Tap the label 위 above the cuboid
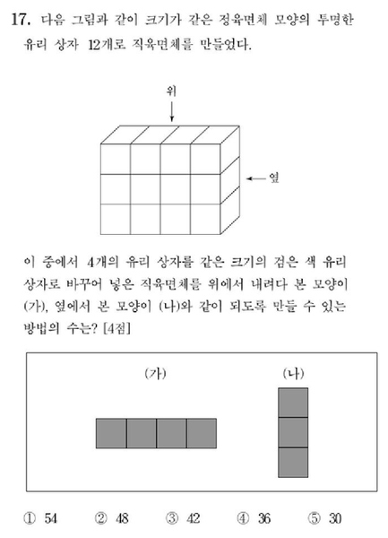tap(170, 90)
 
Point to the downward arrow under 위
tap(170, 112)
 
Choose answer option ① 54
tap(41, 518)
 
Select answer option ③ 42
tap(184, 518)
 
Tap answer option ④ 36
tap(254, 518)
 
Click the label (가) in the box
tap(156, 374)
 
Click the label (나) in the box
tap(293, 374)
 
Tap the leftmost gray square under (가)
tap(111, 432)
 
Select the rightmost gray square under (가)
tap(202, 432)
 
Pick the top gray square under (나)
tap(293, 403)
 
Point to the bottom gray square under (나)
tap(293, 462)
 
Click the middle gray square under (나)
tap(293, 432)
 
